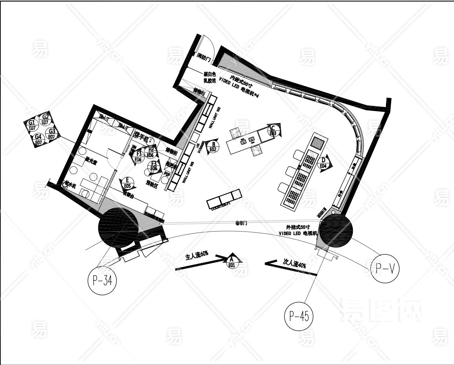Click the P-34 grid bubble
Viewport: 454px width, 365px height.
(x=102, y=280)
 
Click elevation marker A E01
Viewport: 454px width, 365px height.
(x=232, y=262)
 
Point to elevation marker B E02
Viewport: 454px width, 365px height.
(x=213, y=147)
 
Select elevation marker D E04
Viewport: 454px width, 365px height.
(x=324, y=163)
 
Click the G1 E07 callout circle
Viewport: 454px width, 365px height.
(x=32, y=125)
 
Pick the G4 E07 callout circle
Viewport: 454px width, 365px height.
(x=38, y=139)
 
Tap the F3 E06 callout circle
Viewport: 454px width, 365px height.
(x=154, y=166)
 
